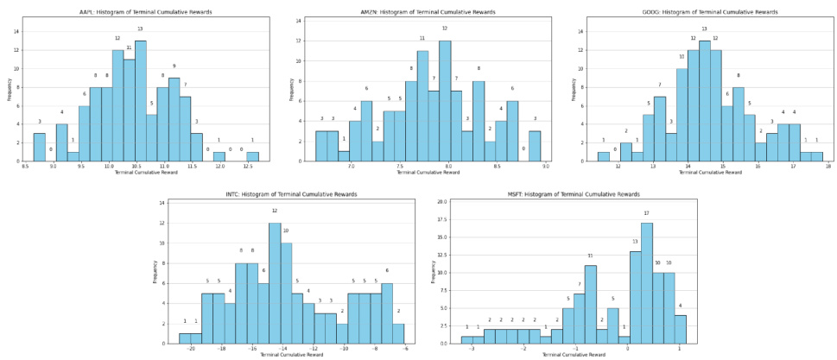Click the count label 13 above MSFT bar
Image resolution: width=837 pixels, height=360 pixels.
(635, 242)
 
